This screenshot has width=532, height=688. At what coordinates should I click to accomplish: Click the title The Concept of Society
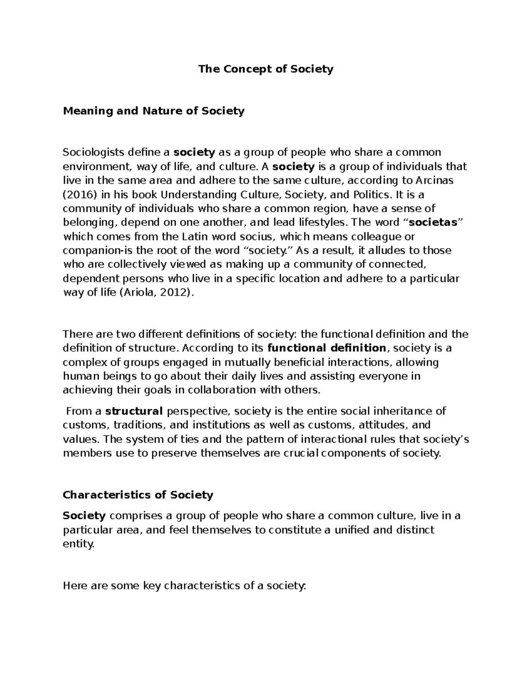(x=266, y=69)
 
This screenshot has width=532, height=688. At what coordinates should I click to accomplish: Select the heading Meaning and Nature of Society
(x=153, y=111)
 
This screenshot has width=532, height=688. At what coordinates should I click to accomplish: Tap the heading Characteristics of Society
(x=138, y=495)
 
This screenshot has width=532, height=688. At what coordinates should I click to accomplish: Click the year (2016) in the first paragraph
(x=78, y=194)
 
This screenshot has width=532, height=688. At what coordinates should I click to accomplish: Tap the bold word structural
(x=134, y=411)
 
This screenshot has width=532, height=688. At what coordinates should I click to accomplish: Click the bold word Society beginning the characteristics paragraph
(x=84, y=516)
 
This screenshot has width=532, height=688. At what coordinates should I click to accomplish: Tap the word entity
(x=78, y=544)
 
